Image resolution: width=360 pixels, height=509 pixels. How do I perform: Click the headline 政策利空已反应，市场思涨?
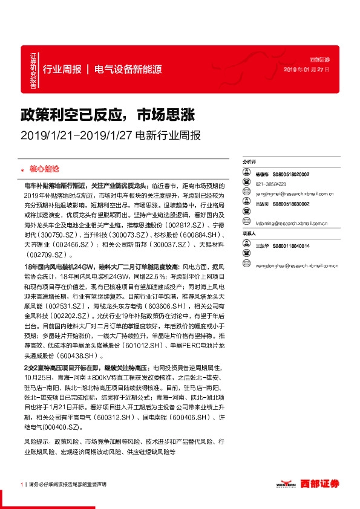(107, 115)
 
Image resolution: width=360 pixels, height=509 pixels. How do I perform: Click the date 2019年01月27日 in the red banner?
(307, 70)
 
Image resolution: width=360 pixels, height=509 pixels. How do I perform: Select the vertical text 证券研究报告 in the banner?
(33, 69)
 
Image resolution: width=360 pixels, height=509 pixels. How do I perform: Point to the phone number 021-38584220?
(270, 184)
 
